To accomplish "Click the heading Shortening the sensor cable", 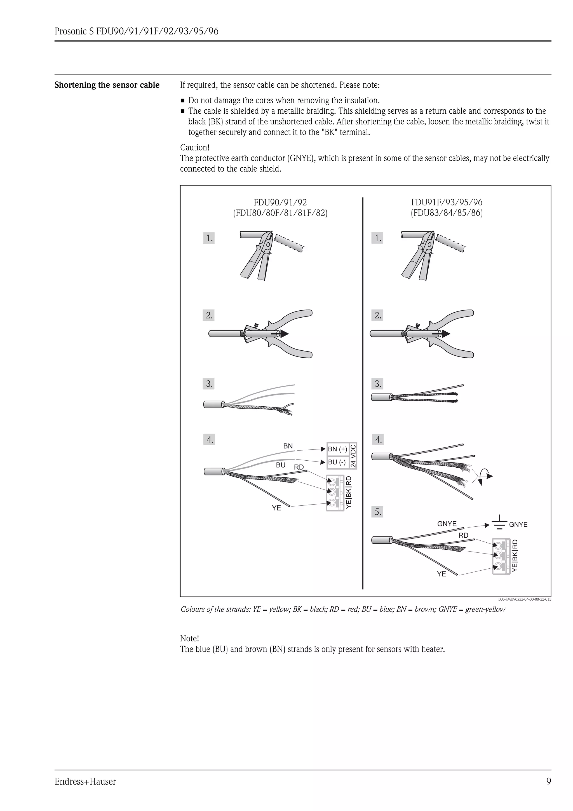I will [x=107, y=85].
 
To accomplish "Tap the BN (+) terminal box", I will [x=337, y=449].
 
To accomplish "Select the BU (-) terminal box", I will [x=337, y=462].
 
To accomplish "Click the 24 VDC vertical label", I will [x=353, y=456].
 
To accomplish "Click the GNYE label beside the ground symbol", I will [x=518, y=524].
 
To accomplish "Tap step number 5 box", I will [x=377, y=512].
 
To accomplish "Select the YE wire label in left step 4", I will [x=276, y=508].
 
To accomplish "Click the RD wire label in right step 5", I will [x=463, y=535].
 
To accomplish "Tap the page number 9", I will [x=548, y=781].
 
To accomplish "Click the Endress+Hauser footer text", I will [x=85, y=781].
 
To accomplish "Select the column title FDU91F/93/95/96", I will [x=447, y=202].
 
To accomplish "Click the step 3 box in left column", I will [x=209, y=384].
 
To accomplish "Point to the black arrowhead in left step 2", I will [x=284, y=334].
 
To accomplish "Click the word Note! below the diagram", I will [x=190, y=638].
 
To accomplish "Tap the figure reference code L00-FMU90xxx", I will [x=525, y=599].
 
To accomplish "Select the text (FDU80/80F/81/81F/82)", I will [x=280, y=213].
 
